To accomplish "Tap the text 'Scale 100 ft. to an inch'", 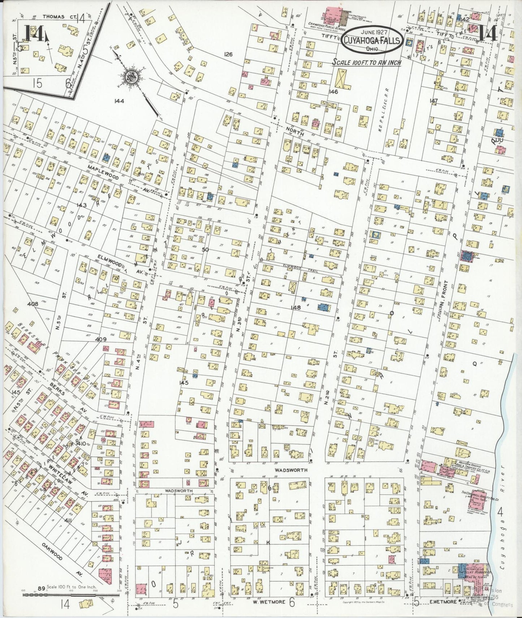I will pyautogui.click(x=366, y=62).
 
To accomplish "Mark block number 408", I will pyautogui.click(x=33, y=304).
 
